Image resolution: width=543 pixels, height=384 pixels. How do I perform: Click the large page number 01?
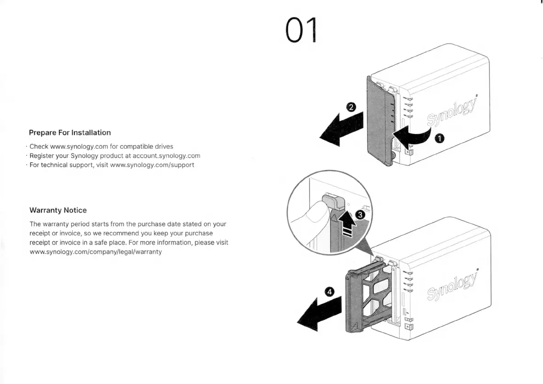click(x=301, y=31)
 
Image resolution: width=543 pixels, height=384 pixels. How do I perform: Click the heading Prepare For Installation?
click(x=70, y=133)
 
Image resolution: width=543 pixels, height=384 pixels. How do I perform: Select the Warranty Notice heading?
click(x=58, y=210)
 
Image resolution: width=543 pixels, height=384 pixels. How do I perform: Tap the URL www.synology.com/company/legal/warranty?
click(x=95, y=252)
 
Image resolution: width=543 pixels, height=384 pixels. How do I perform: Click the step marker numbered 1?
click(x=439, y=138)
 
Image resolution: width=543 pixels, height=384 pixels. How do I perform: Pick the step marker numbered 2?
click(x=351, y=107)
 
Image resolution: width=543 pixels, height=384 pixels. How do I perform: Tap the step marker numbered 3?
click(x=361, y=215)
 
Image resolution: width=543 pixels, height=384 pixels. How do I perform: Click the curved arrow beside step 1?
click(x=413, y=135)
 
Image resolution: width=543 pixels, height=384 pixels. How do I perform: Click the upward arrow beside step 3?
click(x=348, y=223)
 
